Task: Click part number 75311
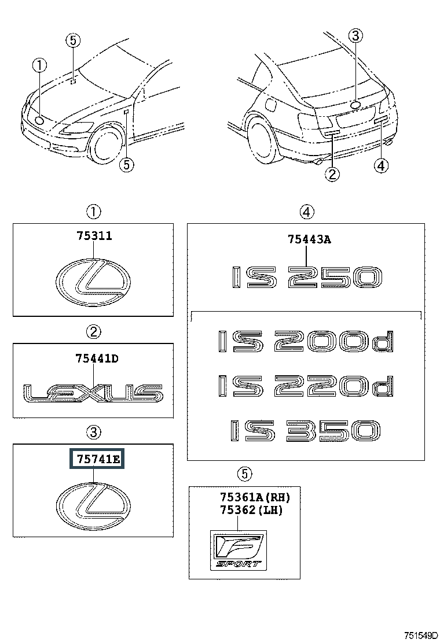coord(94,236)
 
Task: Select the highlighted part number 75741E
coord(97,459)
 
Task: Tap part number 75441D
coord(97,359)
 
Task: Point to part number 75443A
coord(309,239)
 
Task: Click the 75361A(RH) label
coord(255,497)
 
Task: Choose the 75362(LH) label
coord(251,510)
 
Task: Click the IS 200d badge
coord(306,341)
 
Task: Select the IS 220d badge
coord(306,386)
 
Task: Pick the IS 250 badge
coord(307,277)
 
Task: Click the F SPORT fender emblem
coord(239,550)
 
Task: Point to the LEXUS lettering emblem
coord(93,393)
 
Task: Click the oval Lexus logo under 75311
coord(93,282)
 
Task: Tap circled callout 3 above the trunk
coord(355,36)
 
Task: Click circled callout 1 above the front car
coord(40,65)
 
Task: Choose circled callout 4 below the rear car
coord(382,166)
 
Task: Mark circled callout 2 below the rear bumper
coord(332,174)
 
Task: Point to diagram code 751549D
coord(421,635)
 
